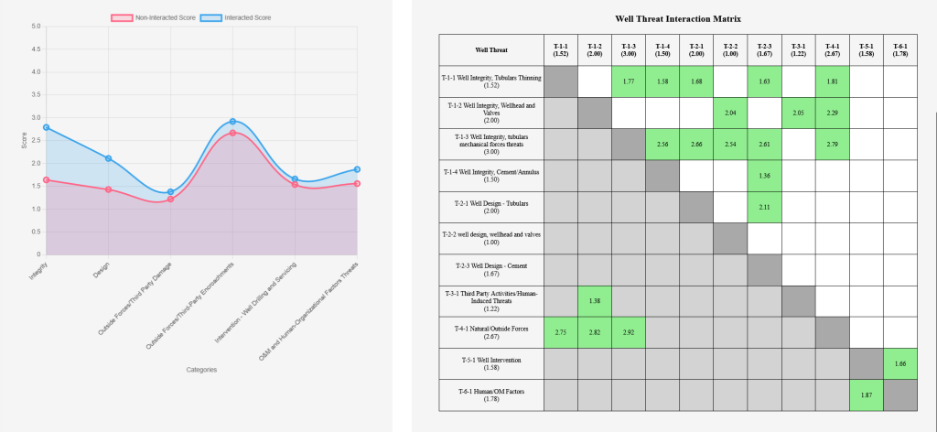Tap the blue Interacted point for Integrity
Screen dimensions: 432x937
pos(46,127)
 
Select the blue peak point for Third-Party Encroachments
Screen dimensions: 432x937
pos(232,122)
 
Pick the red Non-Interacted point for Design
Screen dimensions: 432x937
pos(108,189)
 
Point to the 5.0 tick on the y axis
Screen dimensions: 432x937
pos(37,27)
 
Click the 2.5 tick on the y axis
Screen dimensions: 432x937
pos(37,140)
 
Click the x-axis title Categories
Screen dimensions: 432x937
pos(201,370)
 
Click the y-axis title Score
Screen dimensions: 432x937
pos(25,140)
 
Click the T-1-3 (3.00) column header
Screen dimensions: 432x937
pos(628,49)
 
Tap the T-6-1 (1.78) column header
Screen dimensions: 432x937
pos(899,49)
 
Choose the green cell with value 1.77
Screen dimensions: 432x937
pos(628,81)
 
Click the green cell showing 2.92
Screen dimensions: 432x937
pos(628,332)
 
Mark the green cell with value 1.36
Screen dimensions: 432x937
pos(764,176)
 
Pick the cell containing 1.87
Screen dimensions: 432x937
pos(866,394)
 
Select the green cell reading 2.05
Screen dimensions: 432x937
pos(798,113)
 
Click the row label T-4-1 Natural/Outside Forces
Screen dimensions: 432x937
pos(491,332)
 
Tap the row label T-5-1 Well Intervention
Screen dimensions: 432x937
pos(491,363)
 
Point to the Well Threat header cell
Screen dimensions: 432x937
pos(491,49)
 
